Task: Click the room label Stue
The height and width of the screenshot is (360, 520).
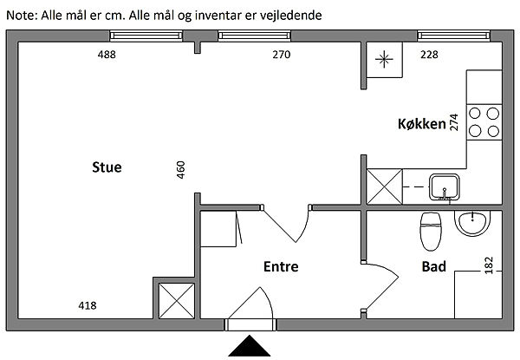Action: (x=107, y=167)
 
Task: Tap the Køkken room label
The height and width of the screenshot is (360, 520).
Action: (x=416, y=124)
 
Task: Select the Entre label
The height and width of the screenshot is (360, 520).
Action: (x=280, y=267)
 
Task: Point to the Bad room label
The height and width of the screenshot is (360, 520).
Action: (x=434, y=266)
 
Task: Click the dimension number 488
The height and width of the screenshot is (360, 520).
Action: (x=107, y=55)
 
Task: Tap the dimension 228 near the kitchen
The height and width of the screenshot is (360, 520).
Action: (x=429, y=55)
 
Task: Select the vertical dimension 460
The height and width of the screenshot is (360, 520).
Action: (x=181, y=168)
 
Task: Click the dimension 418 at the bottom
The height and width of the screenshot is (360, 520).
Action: (x=88, y=305)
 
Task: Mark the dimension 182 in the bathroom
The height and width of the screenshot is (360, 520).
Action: (x=489, y=265)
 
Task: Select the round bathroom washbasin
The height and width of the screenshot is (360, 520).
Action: (x=472, y=223)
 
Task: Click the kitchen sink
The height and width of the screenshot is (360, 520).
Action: (x=446, y=185)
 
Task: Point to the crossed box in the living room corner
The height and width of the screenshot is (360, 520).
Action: (x=171, y=300)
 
